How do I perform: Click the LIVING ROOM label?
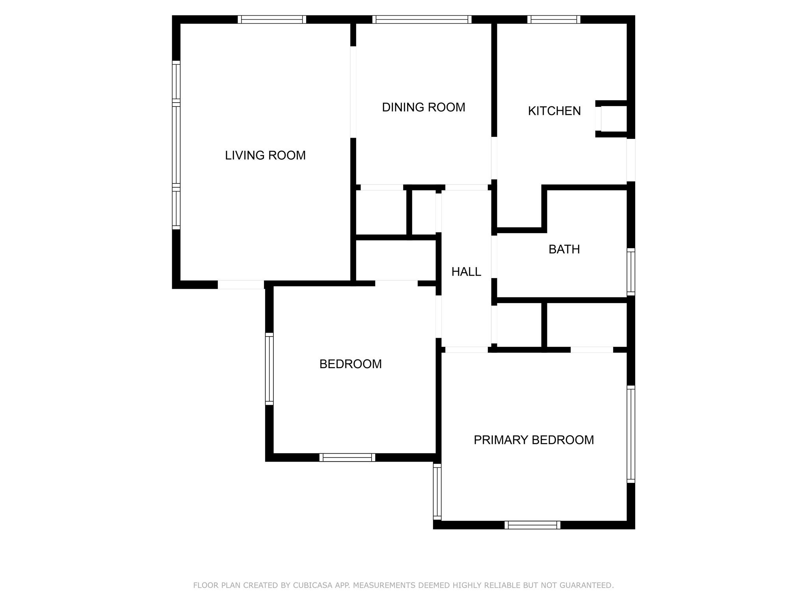click(265, 155)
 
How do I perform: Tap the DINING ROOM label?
click(424, 107)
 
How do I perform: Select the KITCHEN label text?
click(554, 111)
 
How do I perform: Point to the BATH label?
click(564, 249)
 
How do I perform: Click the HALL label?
click(466, 272)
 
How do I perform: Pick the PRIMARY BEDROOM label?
click(534, 440)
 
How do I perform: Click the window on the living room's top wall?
click(272, 19)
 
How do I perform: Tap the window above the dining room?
click(422, 19)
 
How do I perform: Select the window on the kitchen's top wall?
click(554, 19)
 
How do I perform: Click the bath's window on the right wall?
click(631, 272)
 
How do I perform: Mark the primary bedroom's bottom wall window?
click(532, 525)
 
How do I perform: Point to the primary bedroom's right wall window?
click(631, 434)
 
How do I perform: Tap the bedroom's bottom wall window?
click(347, 457)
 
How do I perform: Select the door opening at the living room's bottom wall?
click(241, 284)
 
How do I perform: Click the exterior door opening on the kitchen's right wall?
click(631, 160)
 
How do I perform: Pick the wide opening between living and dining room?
click(353, 92)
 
